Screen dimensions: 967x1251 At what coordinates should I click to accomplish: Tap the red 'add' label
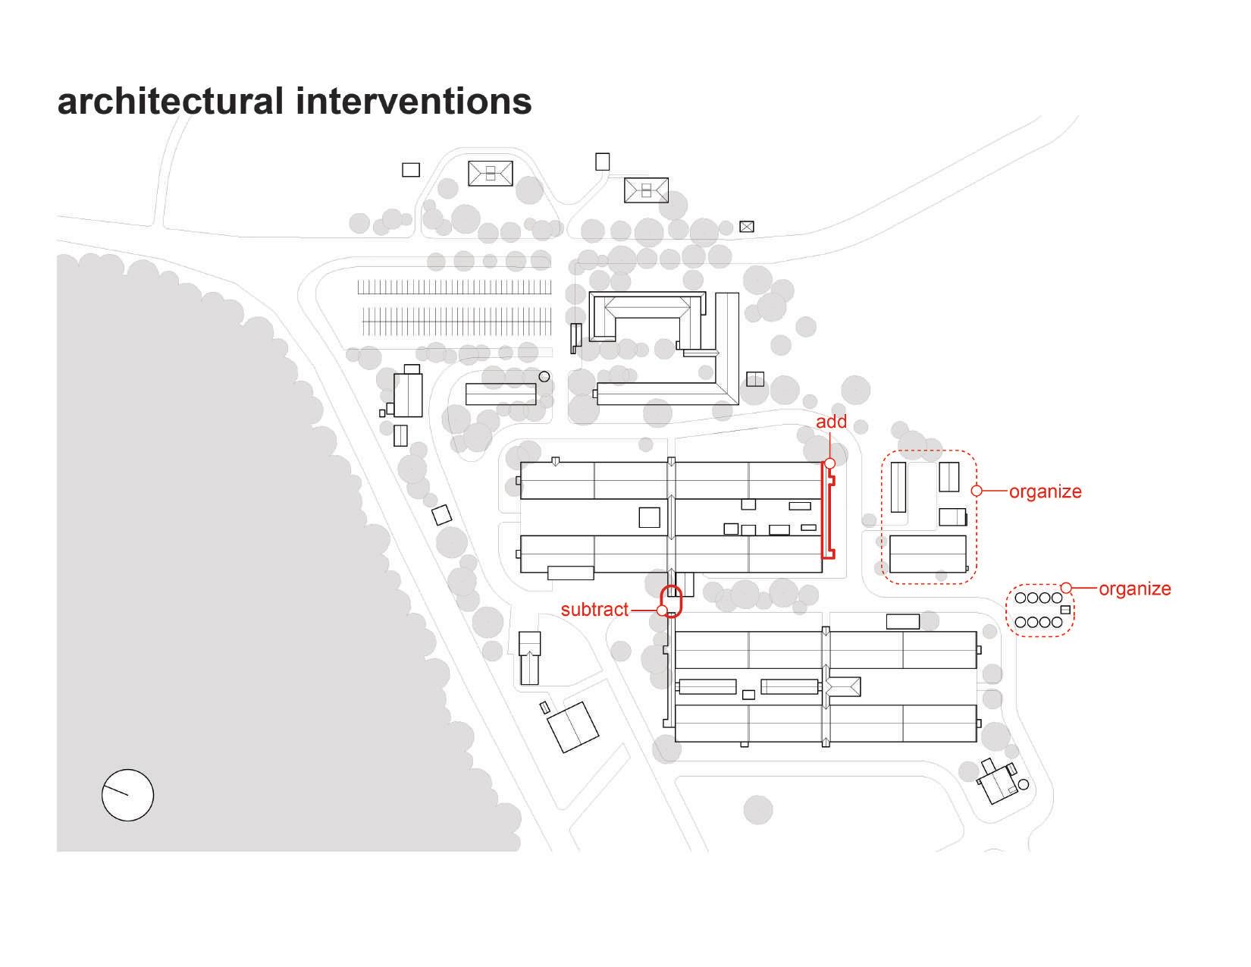[831, 422]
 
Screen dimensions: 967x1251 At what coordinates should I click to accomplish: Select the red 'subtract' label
[594, 610]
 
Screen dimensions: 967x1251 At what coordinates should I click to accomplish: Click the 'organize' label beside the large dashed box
[1045, 491]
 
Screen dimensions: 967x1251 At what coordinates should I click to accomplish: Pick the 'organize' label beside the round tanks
[1134, 589]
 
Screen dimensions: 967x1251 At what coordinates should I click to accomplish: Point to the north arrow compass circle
[127, 795]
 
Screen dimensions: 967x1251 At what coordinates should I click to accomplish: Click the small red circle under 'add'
[829, 463]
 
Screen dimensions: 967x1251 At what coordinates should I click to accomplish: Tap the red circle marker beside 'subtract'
[662, 611]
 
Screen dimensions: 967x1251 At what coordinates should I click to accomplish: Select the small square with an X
[747, 226]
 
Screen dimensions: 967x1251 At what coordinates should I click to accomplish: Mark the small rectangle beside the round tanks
[1065, 610]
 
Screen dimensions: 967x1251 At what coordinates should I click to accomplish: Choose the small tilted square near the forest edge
[441, 516]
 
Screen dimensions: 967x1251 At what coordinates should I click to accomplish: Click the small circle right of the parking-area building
[544, 376]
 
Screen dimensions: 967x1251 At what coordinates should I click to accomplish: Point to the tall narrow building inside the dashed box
[898, 487]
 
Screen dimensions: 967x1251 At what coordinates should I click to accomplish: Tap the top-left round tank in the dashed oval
[1021, 598]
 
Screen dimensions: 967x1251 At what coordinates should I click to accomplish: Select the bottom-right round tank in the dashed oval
[1057, 622]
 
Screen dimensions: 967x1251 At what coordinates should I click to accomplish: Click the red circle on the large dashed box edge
[977, 491]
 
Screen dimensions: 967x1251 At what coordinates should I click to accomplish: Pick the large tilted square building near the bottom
[573, 727]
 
